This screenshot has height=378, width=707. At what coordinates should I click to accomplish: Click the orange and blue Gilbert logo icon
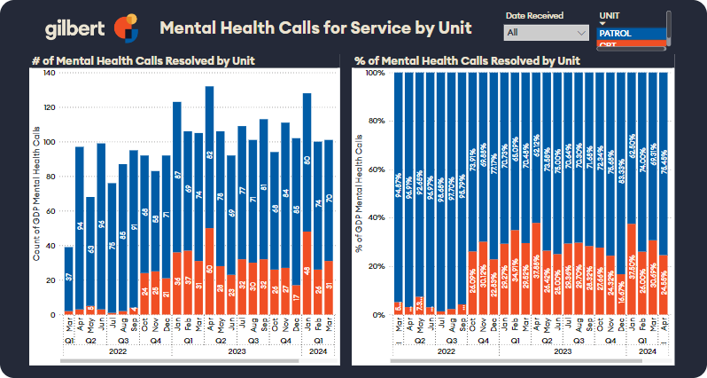[x=127, y=28]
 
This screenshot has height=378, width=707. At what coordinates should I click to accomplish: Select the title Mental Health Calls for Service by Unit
[x=315, y=28]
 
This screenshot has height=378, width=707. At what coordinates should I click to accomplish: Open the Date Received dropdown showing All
[x=547, y=33]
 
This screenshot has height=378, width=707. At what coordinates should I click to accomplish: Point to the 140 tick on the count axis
[x=49, y=73]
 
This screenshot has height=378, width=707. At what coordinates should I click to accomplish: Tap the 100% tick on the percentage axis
[x=373, y=73]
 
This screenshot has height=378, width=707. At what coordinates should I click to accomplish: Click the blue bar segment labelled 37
[x=69, y=279]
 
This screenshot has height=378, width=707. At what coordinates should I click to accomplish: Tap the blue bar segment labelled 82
[x=209, y=156]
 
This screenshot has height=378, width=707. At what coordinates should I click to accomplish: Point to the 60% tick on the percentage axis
[x=375, y=169]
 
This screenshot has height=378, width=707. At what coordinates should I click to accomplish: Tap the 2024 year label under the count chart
[x=318, y=350]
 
